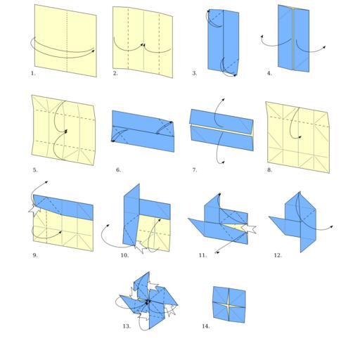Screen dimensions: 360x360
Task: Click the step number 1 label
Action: click(x=33, y=73)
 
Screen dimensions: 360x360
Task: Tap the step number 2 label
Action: click(x=115, y=73)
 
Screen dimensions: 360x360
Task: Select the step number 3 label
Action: click(x=195, y=73)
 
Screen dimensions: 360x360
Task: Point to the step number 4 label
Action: click(x=269, y=73)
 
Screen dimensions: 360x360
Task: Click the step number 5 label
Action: click(x=35, y=170)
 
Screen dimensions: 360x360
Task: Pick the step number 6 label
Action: click(x=119, y=170)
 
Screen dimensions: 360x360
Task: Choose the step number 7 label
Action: click(x=195, y=170)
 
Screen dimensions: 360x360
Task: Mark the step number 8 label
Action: click(x=269, y=170)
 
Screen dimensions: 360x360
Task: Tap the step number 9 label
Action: click(x=35, y=255)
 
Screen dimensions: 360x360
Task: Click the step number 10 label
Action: click(x=124, y=255)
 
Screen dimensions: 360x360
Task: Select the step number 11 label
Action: click(x=202, y=255)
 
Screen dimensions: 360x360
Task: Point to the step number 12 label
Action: click(x=278, y=255)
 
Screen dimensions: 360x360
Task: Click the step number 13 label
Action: click(x=127, y=326)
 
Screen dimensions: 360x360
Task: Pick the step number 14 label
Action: click(x=206, y=326)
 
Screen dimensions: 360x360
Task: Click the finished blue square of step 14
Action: click(x=229, y=304)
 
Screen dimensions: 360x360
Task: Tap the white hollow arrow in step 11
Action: click(x=249, y=229)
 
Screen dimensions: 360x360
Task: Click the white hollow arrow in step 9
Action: click(x=34, y=210)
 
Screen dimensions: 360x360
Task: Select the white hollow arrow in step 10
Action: click(x=140, y=247)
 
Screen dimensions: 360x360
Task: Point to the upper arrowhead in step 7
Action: click(x=224, y=100)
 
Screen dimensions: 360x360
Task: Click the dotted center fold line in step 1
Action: click(x=67, y=41)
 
